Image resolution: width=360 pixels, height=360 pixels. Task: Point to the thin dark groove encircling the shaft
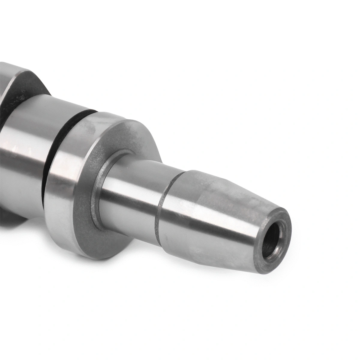pyautogui.click(x=158, y=207)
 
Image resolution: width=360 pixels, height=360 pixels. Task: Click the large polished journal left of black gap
pyautogui.click(x=24, y=150)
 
